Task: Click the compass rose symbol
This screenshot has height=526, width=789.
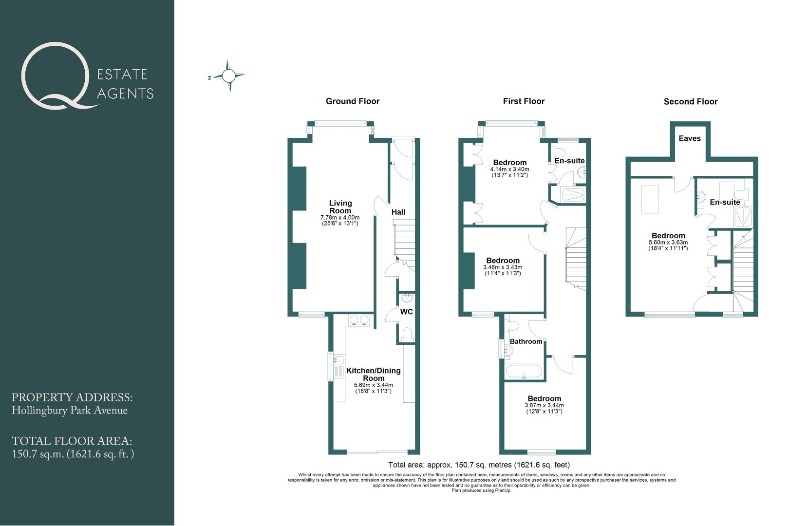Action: point(228,75)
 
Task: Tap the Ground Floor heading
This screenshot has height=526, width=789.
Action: point(353,101)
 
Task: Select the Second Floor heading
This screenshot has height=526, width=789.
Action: point(691,102)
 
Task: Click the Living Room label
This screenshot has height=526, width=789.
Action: point(340,207)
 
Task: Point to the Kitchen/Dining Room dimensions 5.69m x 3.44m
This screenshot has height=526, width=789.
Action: point(374,385)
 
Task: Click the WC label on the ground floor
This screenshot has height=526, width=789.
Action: point(407,312)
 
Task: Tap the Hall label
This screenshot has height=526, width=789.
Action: point(398,212)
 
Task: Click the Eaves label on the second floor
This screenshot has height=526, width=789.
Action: point(690,138)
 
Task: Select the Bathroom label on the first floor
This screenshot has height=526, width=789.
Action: point(526,341)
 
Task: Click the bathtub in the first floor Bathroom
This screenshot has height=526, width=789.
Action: point(524,372)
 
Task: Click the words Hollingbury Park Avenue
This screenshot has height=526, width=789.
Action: point(70,411)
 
